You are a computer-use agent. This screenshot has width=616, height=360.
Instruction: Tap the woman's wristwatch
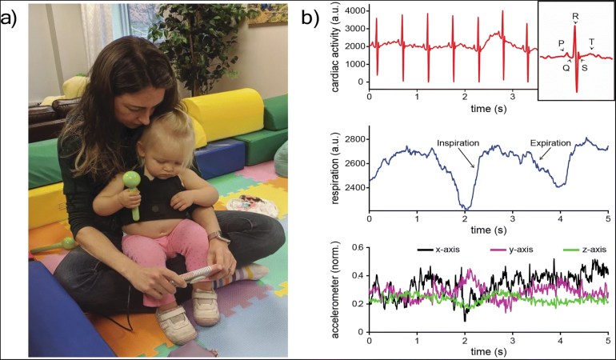pos(214,237)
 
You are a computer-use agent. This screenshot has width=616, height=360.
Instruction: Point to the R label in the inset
pos(575,16)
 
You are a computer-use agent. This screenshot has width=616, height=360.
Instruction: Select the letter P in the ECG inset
pos(561,45)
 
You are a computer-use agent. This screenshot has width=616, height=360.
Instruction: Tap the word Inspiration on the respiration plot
pos(458,142)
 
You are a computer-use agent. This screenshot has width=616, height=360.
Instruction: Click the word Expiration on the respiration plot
pos(551,142)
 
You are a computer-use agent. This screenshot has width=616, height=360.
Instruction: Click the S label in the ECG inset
pos(583,67)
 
